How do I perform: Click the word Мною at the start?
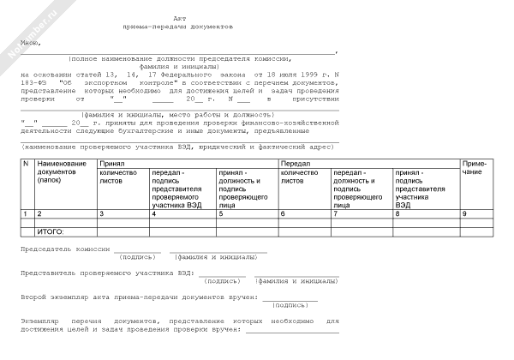[x=33, y=40]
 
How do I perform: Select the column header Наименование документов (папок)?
[x=62, y=169]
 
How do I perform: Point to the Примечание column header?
[x=475, y=166]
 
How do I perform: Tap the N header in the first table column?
[x=26, y=162]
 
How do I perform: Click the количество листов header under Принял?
[x=122, y=177]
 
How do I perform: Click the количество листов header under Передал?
[x=303, y=177]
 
